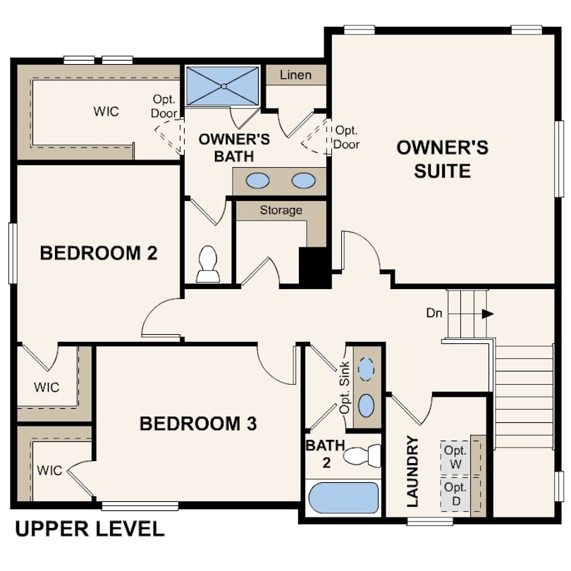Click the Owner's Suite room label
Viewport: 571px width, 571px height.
(x=443, y=159)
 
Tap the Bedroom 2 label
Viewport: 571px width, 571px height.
(x=99, y=253)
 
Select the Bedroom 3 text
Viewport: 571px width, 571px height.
(x=198, y=424)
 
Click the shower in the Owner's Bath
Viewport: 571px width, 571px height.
(x=223, y=86)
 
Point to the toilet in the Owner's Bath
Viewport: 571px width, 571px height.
(x=208, y=264)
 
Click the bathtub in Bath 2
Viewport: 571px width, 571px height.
(x=343, y=498)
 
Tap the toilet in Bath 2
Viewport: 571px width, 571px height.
(x=362, y=455)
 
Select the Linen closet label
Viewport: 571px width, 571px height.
(x=295, y=75)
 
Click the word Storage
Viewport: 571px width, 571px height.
(x=281, y=210)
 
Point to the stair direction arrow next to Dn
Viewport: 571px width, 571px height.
(x=488, y=314)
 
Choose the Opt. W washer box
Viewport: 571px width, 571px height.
(x=455, y=458)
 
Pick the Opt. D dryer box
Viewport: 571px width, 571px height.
(x=455, y=494)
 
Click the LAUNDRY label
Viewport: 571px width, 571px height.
(x=412, y=471)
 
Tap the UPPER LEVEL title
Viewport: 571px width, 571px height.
(x=90, y=529)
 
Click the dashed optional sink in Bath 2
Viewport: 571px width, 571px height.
(x=366, y=369)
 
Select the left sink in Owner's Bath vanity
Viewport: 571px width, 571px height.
(x=257, y=180)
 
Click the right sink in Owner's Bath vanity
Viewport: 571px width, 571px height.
(x=304, y=180)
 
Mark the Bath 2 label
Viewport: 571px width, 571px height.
(x=326, y=454)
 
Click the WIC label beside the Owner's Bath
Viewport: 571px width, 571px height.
(x=106, y=111)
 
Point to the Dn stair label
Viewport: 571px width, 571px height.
(x=434, y=313)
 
